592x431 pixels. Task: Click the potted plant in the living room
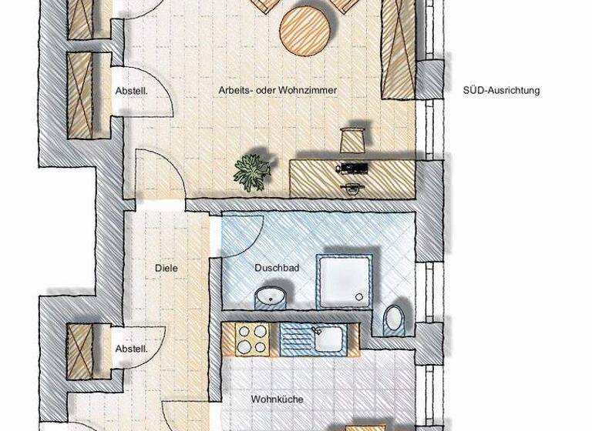(x=252, y=172)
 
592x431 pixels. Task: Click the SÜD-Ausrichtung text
(x=501, y=90)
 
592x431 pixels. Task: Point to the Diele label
(x=166, y=268)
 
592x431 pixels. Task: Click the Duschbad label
(x=277, y=268)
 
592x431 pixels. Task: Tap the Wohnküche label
(x=277, y=399)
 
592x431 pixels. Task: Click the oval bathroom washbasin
(x=271, y=296)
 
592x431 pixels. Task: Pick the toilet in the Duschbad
(x=395, y=317)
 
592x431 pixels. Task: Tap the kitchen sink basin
(x=327, y=337)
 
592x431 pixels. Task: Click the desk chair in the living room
(x=352, y=140)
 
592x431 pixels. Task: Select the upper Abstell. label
(x=131, y=90)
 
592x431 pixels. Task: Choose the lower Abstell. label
(x=131, y=349)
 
